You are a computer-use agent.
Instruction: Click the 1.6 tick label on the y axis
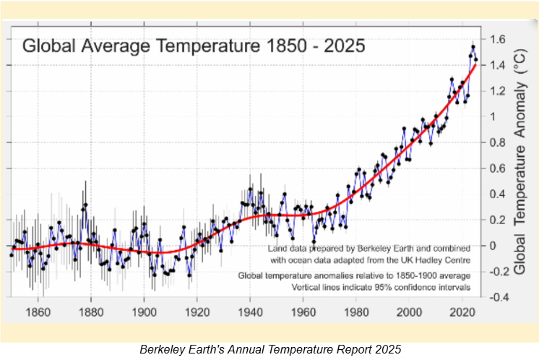(x=498, y=39)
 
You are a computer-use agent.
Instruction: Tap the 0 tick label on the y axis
(x=493, y=246)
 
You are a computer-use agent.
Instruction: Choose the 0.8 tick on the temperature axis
(x=498, y=142)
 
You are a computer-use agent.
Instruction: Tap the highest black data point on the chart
(x=473, y=47)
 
